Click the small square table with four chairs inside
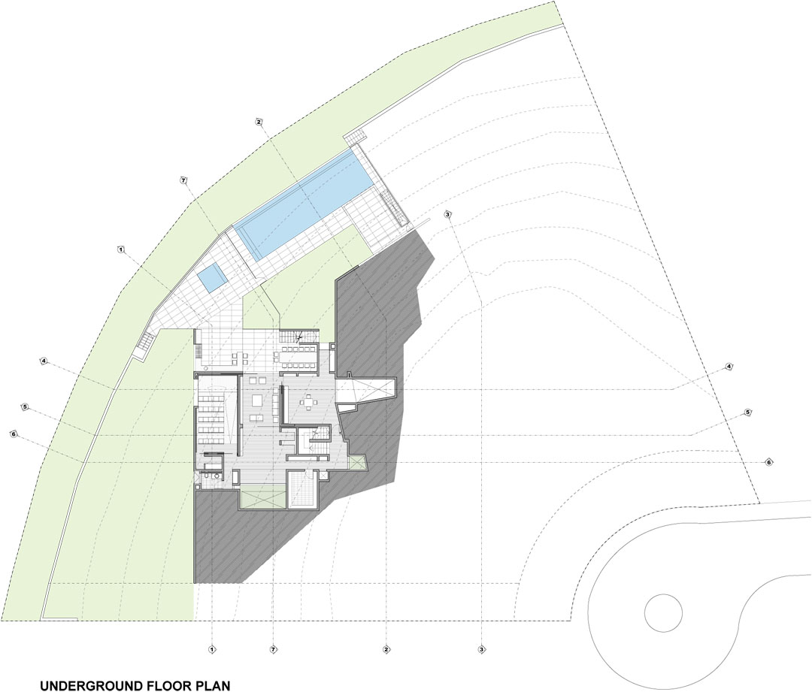point(309,403)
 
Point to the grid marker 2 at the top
point(259,122)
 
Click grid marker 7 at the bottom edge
point(274,649)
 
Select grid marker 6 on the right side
point(769,462)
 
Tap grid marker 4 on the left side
point(44,361)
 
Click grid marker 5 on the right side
point(747,412)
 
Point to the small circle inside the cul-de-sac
point(663,612)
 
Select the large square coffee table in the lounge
point(257,400)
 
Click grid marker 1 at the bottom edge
point(211,649)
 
